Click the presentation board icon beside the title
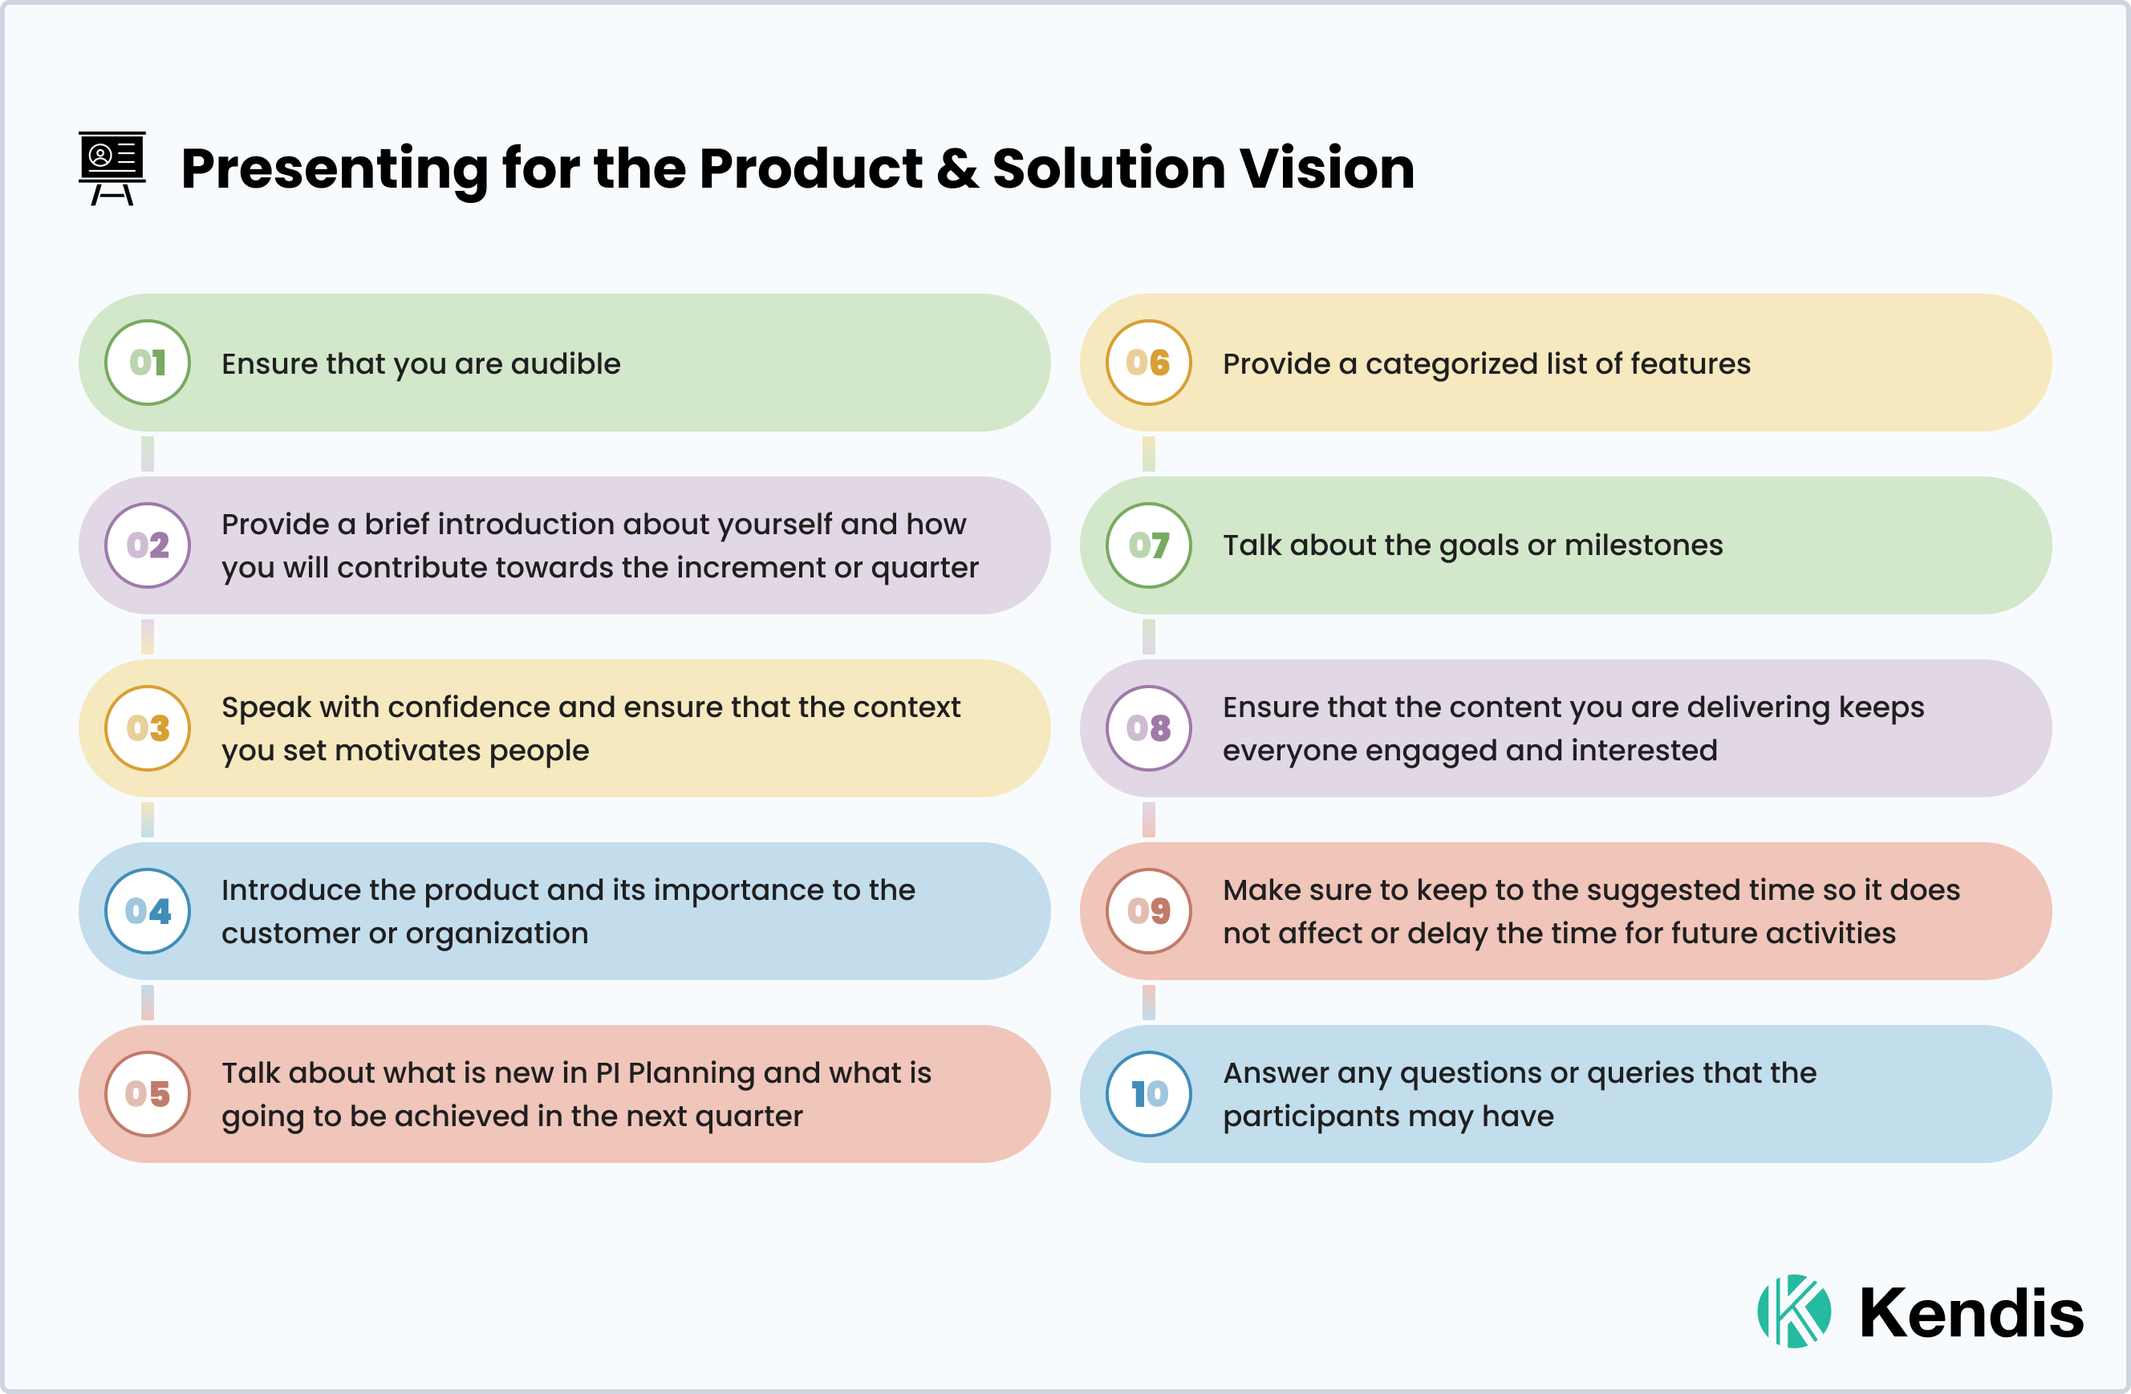[x=112, y=168]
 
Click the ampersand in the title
[x=957, y=169]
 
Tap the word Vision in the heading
[x=1326, y=168]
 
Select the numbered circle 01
[x=148, y=363]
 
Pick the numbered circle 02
[x=148, y=545]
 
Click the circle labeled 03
[x=148, y=728]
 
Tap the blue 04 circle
[x=148, y=910]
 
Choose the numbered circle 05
[x=148, y=1093]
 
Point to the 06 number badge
[x=1149, y=363]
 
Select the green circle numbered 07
[x=1149, y=545]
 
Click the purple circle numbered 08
[x=1149, y=728]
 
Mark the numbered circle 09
[x=1149, y=910]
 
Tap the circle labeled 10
[x=1149, y=1093]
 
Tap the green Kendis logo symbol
[x=1793, y=1311]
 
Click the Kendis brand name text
[x=1971, y=1314]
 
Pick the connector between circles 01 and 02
[x=148, y=454]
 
